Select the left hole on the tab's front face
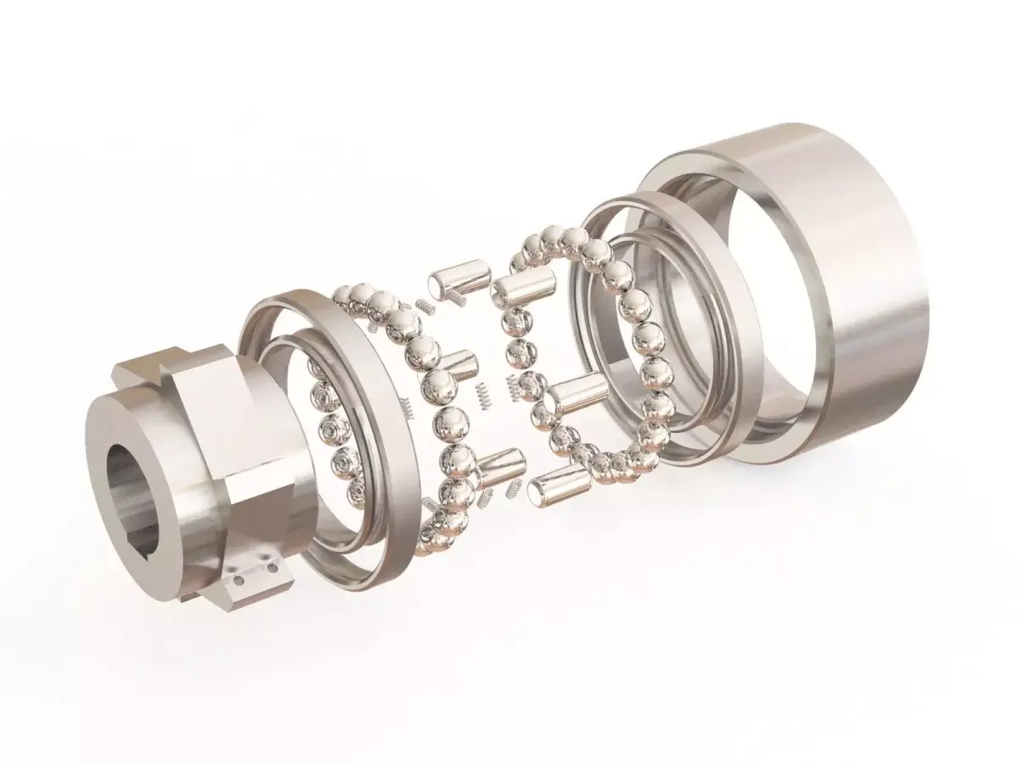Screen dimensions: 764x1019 pyautogui.click(x=240, y=580)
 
